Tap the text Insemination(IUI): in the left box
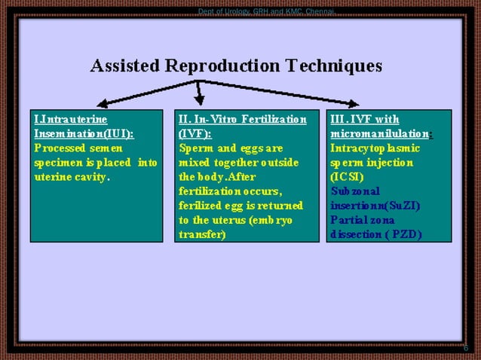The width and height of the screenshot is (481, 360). (84, 133)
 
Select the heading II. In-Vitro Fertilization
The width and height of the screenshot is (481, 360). (243, 119)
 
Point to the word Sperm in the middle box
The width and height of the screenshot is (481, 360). (195, 148)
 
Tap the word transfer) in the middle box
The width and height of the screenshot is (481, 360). (202, 234)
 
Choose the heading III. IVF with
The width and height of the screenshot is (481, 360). (365, 119)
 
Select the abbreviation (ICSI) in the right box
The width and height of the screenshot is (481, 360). (347, 177)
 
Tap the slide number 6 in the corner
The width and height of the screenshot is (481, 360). (465, 347)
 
